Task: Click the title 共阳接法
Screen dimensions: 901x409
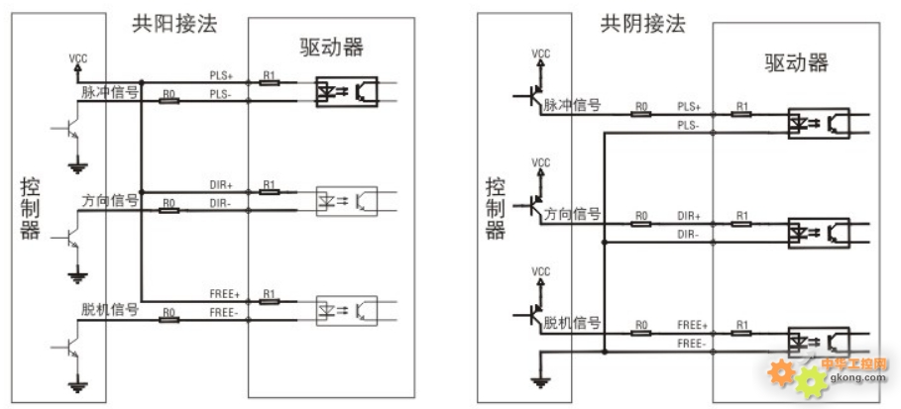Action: click(x=174, y=25)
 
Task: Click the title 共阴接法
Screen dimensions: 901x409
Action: click(x=643, y=25)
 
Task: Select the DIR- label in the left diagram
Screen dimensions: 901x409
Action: click(x=221, y=204)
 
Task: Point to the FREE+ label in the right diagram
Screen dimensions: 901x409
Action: click(x=691, y=325)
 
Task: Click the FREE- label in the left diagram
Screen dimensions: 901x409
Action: click(x=224, y=313)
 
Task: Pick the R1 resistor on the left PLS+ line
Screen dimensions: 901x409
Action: click(x=269, y=83)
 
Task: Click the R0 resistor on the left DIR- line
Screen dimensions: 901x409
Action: click(x=169, y=211)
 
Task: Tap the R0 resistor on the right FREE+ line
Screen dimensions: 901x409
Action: click(x=640, y=333)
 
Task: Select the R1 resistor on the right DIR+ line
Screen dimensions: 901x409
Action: click(x=741, y=224)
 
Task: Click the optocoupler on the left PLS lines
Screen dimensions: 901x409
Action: click(x=347, y=91)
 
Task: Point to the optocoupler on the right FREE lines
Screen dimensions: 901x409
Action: click(x=819, y=342)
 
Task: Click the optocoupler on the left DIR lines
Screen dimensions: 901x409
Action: click(x=347, y=201)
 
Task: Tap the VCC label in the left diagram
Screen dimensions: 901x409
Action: click(x=78, y=58)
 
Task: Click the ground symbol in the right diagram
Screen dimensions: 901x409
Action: click(x=540, y=382)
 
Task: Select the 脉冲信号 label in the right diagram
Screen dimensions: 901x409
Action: click(x=572, y=105)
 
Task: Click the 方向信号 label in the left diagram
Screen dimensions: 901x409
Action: click(x=110, y=201)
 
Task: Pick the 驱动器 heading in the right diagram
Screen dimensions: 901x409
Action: click(x=796, y=62)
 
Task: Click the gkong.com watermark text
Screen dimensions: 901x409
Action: click(x=857, y=377)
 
